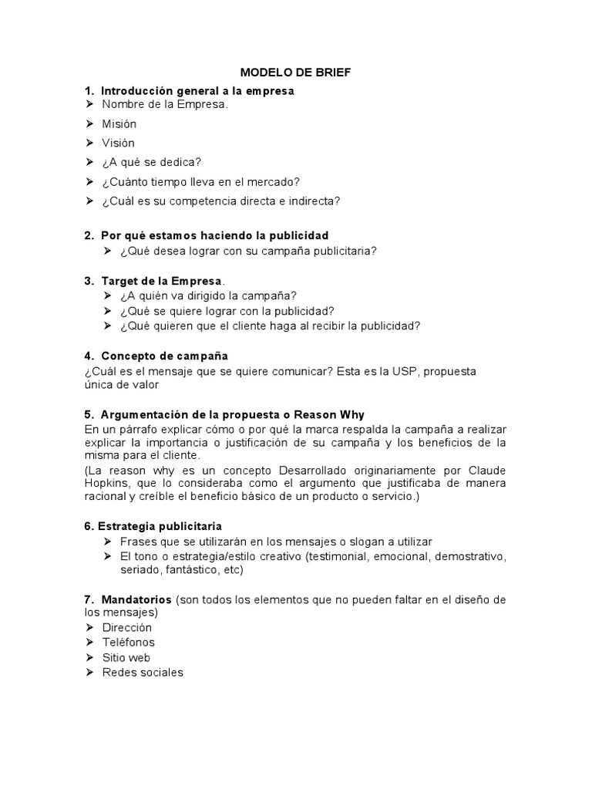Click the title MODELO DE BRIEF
coord(295,73)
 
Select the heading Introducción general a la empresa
coord(197,91)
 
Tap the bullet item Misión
coord(119,123)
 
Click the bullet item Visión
coord(118,143)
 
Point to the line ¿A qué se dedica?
coord(151,162)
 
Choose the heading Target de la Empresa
coord(161,281)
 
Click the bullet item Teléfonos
coord(128,643)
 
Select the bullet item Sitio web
coord(126,657)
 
